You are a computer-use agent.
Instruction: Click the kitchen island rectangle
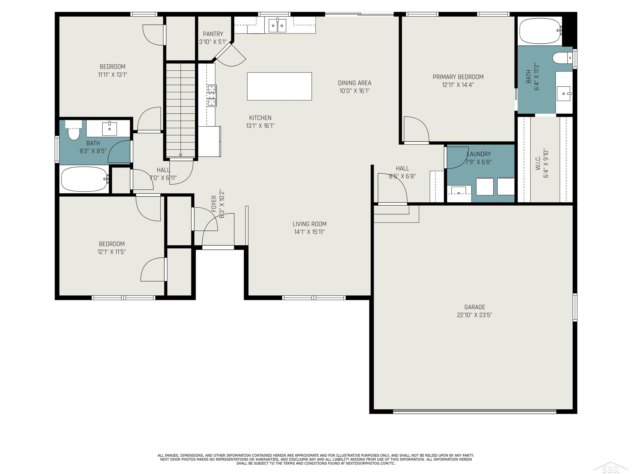click(279, 86)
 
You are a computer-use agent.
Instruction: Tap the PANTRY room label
click(213, 34)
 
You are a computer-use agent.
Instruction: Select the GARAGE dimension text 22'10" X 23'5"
click(475, 315)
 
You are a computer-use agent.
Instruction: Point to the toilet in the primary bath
click(562, 58)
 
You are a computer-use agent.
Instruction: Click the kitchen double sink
click(277, 25)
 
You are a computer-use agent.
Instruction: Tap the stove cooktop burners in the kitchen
click(212, 96)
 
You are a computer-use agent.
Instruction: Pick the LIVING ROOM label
click(309, 224)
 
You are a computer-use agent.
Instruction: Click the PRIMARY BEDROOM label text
click(458, 77)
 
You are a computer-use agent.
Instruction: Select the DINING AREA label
click(355, 83)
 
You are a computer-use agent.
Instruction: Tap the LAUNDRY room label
click(479, 154)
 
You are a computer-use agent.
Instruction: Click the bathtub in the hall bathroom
click(84, 179)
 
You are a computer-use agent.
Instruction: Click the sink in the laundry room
click(459, 191)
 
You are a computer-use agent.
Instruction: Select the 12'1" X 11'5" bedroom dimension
click(111, 252)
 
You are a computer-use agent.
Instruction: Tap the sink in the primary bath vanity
click(564, 93)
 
